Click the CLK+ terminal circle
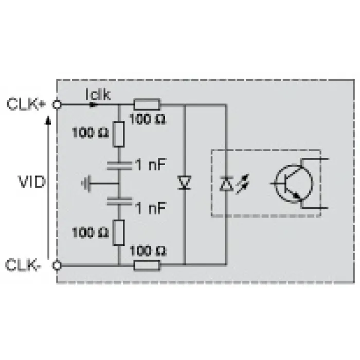click(57, 105)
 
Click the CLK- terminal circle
click(57, 266)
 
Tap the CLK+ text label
click(26, 104)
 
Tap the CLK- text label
click(23, 265)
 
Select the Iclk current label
click(98, 94)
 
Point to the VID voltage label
click(32, 182)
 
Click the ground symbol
click(86, 184)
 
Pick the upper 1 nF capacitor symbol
click(119, 166)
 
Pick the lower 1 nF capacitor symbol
click(119, 201)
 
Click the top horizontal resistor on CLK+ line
click(147, 105)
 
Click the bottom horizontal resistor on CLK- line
click(147, 265)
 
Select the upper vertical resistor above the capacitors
click(119, 134)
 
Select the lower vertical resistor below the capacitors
click(119, 232)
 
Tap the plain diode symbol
click(185, 183)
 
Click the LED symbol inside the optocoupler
click(226, 184)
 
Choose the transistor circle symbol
click(294, 184)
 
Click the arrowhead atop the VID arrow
click(48, 120)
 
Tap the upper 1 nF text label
click(151, 165)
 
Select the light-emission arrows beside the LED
click(243, 184)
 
